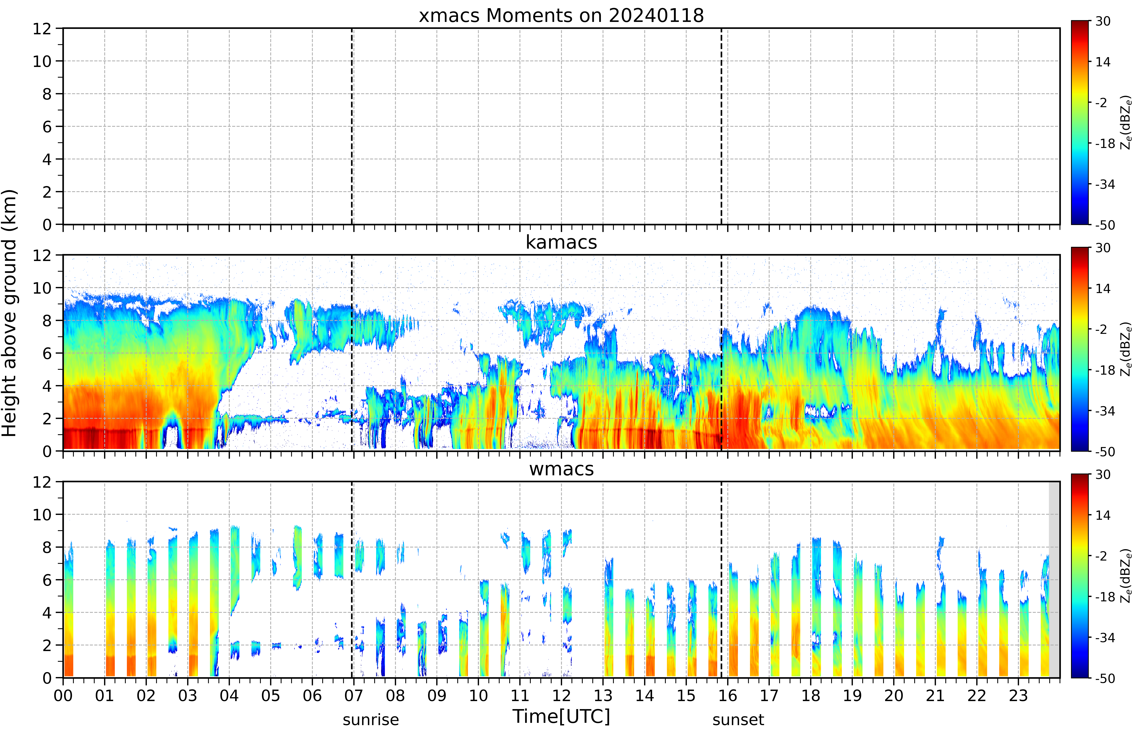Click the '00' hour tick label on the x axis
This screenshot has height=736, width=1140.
click(x=63, y=695)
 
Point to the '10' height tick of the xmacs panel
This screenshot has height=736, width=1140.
click(x=42, y=61)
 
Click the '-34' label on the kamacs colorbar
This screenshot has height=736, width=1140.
click(x=1105, y=411)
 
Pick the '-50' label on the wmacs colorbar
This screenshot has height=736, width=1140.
click(x=1105, y=678)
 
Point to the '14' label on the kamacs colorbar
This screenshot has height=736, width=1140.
click(x=1103, y=289)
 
